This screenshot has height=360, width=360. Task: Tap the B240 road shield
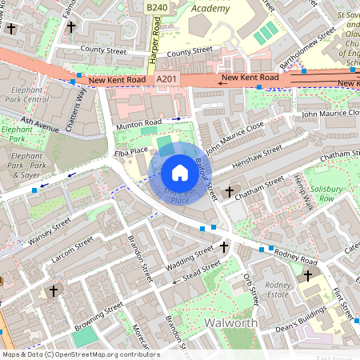157,6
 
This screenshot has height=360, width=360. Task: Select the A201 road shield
166,79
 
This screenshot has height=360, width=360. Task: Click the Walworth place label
230,322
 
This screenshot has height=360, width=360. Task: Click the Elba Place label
130,150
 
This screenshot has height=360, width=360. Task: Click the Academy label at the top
212,9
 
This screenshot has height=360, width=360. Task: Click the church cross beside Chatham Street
230,192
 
